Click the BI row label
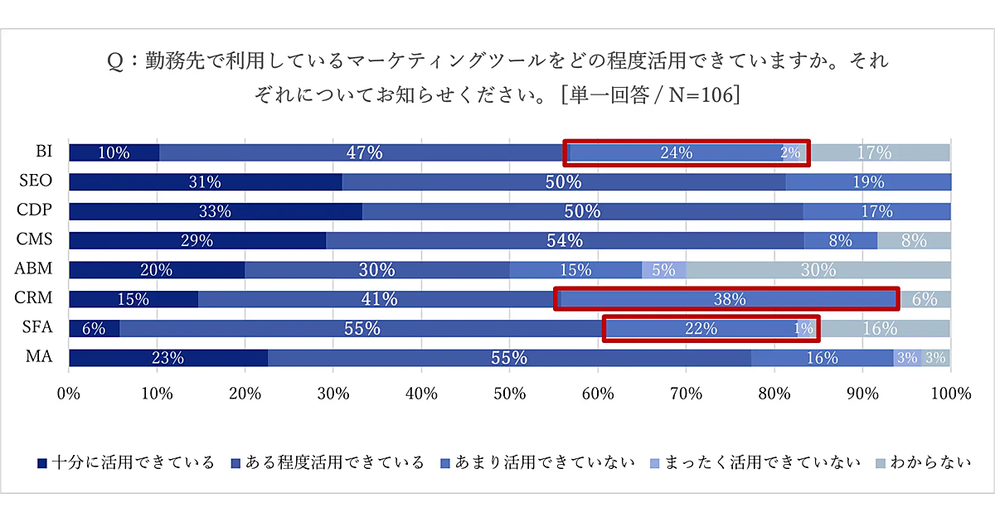(x=43, y=152)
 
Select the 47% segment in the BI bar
(x=364, y=152)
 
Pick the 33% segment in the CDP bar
(x=215, y=211)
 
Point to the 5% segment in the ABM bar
(x=663, y=270)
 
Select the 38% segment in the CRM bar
(x=729, y=299)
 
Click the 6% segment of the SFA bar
(x=94, y=328)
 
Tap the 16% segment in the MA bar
(x=822, y=358)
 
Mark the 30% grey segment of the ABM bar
(x=818, y=270)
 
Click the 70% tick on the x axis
(x=686, y=394)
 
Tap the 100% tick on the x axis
(x=950, y=394)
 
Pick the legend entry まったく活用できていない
(x=754, y=462)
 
